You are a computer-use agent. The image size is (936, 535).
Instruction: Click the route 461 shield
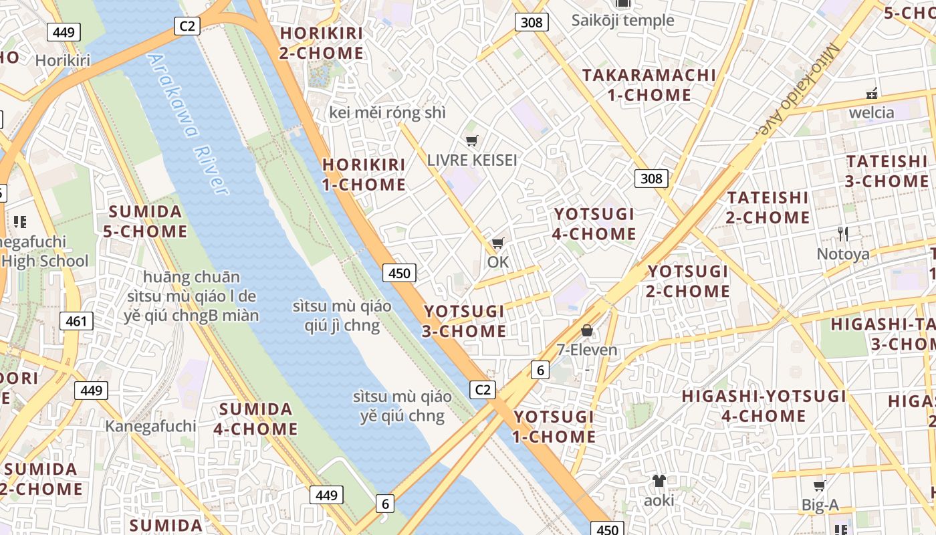[76, 321]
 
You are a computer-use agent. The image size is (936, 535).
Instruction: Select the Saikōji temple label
[622, 20]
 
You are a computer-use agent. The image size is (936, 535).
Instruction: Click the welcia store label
[871, 112]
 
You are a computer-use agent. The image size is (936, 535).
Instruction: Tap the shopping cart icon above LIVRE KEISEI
[472, 140]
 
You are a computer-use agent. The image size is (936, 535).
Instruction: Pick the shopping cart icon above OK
[497, 243]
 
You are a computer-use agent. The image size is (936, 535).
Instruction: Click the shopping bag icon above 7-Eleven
[587, 330]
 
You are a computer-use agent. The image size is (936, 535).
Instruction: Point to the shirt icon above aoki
[659, 480]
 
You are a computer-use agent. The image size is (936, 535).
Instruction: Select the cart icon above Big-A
[820, 486]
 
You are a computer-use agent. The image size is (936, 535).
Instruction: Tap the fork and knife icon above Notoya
[843, 234]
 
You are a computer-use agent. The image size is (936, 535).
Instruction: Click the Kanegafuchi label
[150, 426]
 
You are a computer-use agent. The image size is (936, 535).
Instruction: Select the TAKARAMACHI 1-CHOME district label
[649, 85]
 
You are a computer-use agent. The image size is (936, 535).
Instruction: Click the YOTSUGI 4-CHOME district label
[594, 223]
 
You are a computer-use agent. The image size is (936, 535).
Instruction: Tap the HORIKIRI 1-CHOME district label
[364, 175]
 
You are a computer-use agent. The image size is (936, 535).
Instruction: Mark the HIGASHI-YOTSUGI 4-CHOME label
[764, 406]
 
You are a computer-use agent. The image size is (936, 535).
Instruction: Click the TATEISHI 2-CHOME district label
[768, 207]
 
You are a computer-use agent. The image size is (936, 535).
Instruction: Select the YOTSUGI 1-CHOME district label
[554, 427]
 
